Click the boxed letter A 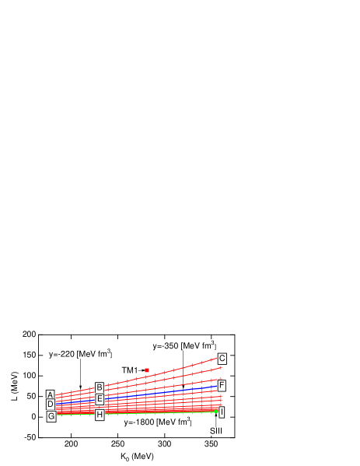pyautogui.click(x=51, y=395)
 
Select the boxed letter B pyautogui.click(x=100, y=387)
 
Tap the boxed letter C pyautogui.click(x=222, y=359)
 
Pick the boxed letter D pyautogui.click(x=51, y=405)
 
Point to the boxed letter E pyautogui.click(x=100, y=399)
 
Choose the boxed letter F pyautogui.click(x=222, y=386)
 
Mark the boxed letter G pyautogui.click(x=51, y=417)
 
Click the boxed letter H pyautogui.click(x=100, y=415)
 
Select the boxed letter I pyautogui.click(x=222, y=412)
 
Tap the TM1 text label pyautogui.click(x=130, y=371)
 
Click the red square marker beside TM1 pyautogui.click(x=147, y=370)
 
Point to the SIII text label pyautogui.click(x=215, y=431)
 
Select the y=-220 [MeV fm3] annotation pyautogui.click(x=81, y=354)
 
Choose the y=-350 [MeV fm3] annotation pyautogui.click(x=183, y=346)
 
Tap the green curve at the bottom pyautogui.click(x=156, y=413)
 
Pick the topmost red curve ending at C pyautogui.click(x=171, y=371)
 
